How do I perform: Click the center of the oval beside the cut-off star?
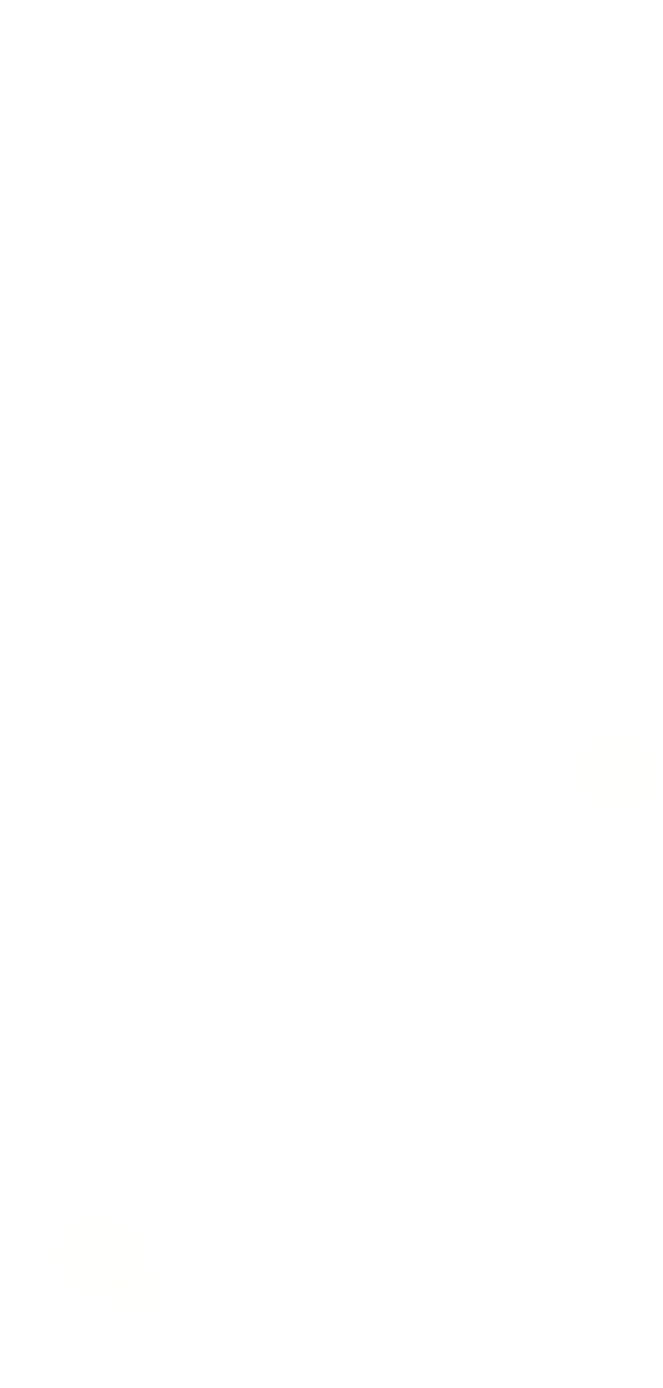[x=615, y=772]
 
